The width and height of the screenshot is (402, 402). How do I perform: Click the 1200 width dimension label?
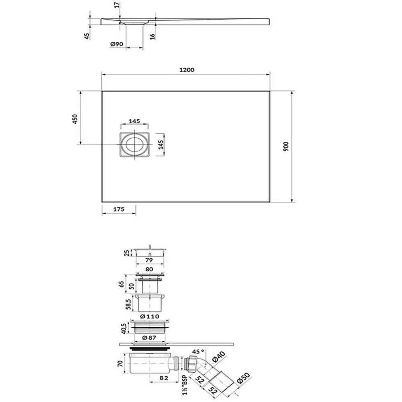coord(187,70)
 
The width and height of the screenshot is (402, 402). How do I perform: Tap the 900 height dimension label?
coord(286,146)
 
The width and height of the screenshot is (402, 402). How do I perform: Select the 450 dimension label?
coord(75,119)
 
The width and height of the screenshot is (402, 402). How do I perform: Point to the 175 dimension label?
coord(119,209)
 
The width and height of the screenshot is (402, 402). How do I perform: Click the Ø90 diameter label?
coord(117,44)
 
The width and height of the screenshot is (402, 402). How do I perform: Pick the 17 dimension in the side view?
coord(117,5)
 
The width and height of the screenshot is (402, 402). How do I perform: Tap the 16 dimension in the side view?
coord(152,36)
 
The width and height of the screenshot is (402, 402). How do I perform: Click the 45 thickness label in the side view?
coord(87,36)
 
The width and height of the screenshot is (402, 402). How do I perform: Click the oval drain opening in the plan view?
coord(134,144)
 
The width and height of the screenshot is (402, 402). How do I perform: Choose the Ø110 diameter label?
coord(150,317)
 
